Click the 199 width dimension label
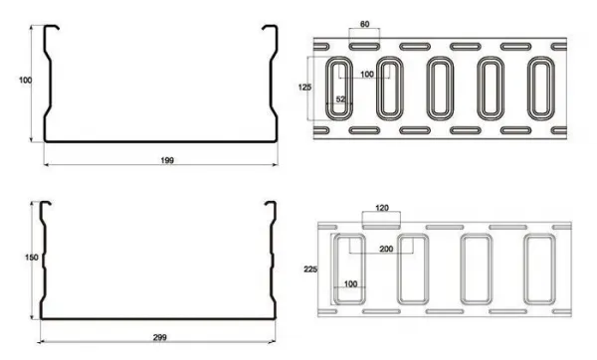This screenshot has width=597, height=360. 167,160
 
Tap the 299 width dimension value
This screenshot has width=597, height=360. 160,337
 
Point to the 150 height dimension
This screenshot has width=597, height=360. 32,258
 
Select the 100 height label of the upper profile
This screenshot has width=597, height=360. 25,81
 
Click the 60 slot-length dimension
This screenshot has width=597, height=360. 364,24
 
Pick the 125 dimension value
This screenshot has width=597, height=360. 304,88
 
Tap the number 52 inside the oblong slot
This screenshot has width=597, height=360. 340,98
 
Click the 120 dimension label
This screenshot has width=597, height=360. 382,208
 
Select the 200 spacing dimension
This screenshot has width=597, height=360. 386,249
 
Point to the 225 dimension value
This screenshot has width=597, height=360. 310,270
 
